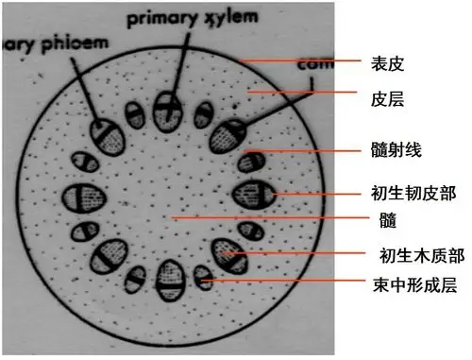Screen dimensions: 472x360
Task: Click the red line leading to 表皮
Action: click(302, 61)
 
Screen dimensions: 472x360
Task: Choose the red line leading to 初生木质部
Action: click(302, 253)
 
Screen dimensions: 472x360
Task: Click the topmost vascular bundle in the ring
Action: click(168, 105)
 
